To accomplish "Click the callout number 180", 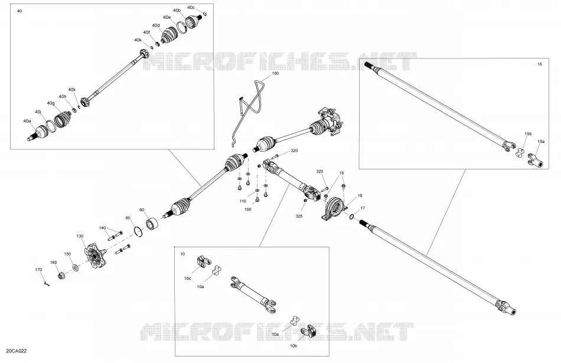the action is [x=275, y=73].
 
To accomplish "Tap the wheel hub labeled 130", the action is [x=95, y=255].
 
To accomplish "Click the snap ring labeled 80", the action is [x=139, y=231].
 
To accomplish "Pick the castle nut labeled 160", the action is [x=61, y=276].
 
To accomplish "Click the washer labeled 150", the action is [x=76, y=267].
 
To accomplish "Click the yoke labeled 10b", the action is [x=309, y=332].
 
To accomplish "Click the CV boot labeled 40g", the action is [x=63, y=119].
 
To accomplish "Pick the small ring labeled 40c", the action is [x=205, y=14].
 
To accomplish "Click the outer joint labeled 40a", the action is [x=38, y=133].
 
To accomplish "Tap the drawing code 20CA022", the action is [x=17, y=351].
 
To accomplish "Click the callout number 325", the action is [x=299, y=216].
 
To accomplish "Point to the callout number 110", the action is [x=243, y=201].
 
